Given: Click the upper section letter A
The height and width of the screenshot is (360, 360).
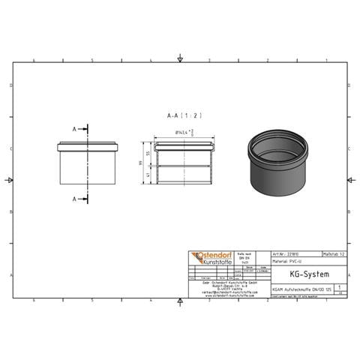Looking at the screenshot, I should click(74, 130).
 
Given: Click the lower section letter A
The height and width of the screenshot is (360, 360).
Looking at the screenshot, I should click(74, 199).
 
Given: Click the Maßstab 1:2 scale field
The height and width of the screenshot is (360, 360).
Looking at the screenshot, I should click(334, 254).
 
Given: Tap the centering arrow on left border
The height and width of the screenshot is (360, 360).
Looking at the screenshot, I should click(9, 180).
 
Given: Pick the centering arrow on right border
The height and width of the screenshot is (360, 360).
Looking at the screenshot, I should click(349, 180).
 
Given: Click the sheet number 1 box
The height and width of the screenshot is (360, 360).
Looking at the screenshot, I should click(342, 286).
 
